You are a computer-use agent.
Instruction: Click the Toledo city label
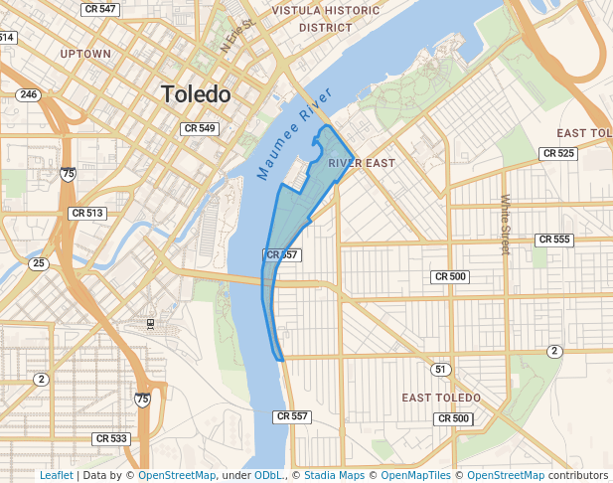196,95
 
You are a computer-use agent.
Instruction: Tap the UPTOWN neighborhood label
85,53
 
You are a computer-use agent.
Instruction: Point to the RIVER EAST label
362,163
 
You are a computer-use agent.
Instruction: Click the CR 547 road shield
99,9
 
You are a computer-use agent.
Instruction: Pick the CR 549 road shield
200,128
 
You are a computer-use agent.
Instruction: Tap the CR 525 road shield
558,153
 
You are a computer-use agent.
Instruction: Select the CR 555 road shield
553,240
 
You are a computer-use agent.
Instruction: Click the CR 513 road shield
87,213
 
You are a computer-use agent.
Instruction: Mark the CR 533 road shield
111,438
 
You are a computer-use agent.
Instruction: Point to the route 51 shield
440,369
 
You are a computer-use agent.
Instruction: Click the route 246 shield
28,95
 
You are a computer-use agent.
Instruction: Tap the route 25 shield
38,263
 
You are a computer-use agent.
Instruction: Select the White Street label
505,225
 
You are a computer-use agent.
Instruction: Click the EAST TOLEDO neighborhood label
441,398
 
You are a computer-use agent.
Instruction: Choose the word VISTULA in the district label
326,10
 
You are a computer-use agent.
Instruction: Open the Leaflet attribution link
56,475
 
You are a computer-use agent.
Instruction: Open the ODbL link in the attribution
268,475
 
